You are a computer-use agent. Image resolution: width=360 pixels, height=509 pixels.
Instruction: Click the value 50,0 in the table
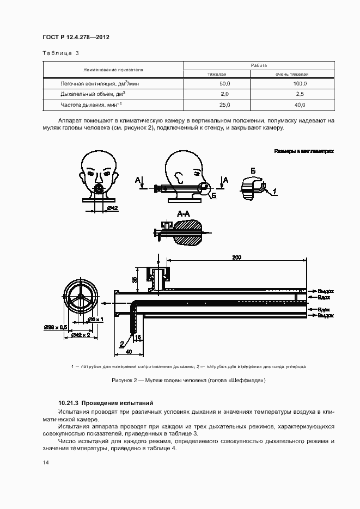(224, 84)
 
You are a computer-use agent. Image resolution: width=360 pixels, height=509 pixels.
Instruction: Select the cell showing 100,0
(300, 84)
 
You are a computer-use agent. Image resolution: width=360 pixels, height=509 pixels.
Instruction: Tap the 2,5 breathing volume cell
(300, 94)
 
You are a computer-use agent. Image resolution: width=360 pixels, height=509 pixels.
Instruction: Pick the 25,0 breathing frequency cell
(224, 105)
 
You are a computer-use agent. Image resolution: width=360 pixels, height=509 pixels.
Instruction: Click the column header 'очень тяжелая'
(292, 73)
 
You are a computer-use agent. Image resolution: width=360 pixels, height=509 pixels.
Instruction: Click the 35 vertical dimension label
(135, 280)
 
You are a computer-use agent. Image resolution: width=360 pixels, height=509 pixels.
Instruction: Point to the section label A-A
(184, 215)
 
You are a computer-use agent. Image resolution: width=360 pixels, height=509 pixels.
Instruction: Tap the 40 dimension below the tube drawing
(128, 352)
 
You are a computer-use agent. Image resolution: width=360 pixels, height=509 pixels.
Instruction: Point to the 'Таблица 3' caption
(60, 53)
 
